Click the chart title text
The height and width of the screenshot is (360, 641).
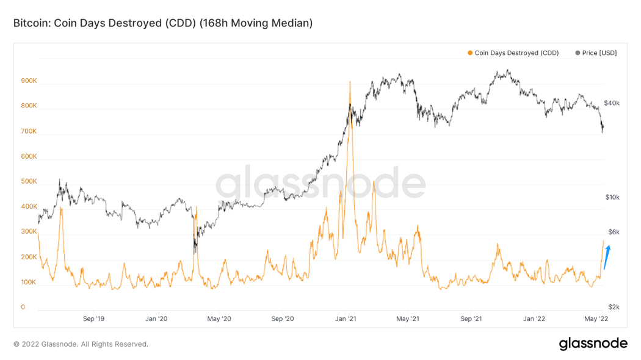163,23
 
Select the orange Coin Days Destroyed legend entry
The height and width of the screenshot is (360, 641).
513,53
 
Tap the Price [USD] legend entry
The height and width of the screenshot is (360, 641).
596,53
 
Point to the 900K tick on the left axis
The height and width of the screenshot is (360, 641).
29,81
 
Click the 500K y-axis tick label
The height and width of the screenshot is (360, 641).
29,182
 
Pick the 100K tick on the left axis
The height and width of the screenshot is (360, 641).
29,283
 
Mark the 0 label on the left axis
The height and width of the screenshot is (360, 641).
23,308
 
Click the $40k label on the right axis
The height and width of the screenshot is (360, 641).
612,103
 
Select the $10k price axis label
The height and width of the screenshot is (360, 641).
612,197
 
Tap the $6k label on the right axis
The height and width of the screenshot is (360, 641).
613,232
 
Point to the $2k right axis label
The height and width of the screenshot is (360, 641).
613,307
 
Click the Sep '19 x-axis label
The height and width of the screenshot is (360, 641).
93,319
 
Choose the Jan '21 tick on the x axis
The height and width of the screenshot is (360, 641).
346,319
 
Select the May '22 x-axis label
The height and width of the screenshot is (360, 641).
596,319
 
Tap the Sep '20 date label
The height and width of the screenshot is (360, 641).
282,319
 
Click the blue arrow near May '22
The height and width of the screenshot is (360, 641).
606,256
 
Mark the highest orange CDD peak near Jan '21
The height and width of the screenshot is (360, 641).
350,82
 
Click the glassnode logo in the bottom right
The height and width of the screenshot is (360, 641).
593,344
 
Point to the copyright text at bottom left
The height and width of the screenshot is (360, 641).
81,344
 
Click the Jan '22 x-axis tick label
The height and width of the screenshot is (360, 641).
534,319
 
